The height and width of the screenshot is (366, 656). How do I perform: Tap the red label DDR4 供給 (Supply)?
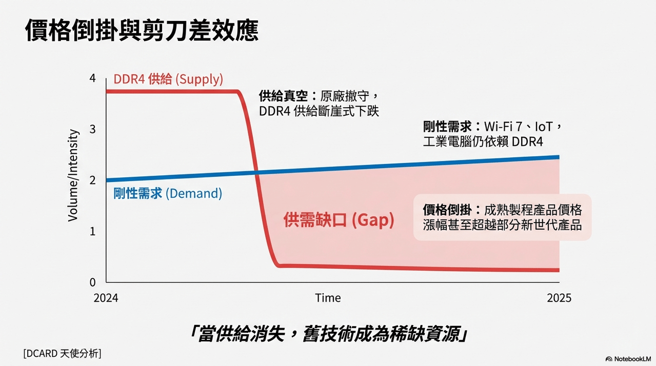168,79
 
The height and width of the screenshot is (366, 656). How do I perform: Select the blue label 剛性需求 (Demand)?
167,193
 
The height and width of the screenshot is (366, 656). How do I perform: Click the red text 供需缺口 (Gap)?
339,220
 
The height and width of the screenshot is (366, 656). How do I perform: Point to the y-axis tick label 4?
92,78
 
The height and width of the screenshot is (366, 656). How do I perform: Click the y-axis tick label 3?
92,129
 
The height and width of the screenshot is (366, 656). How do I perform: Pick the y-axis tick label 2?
92,180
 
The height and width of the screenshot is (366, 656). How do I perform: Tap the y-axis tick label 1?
92,231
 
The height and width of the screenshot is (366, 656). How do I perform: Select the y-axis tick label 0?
92,282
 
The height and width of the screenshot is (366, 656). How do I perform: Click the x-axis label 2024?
106,298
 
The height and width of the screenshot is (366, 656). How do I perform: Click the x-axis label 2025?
559,298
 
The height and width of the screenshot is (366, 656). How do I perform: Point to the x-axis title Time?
328,298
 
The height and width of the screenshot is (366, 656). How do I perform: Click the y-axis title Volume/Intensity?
73,175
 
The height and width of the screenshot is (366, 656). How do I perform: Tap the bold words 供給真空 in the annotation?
284,96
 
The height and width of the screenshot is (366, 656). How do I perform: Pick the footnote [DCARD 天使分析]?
62,353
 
